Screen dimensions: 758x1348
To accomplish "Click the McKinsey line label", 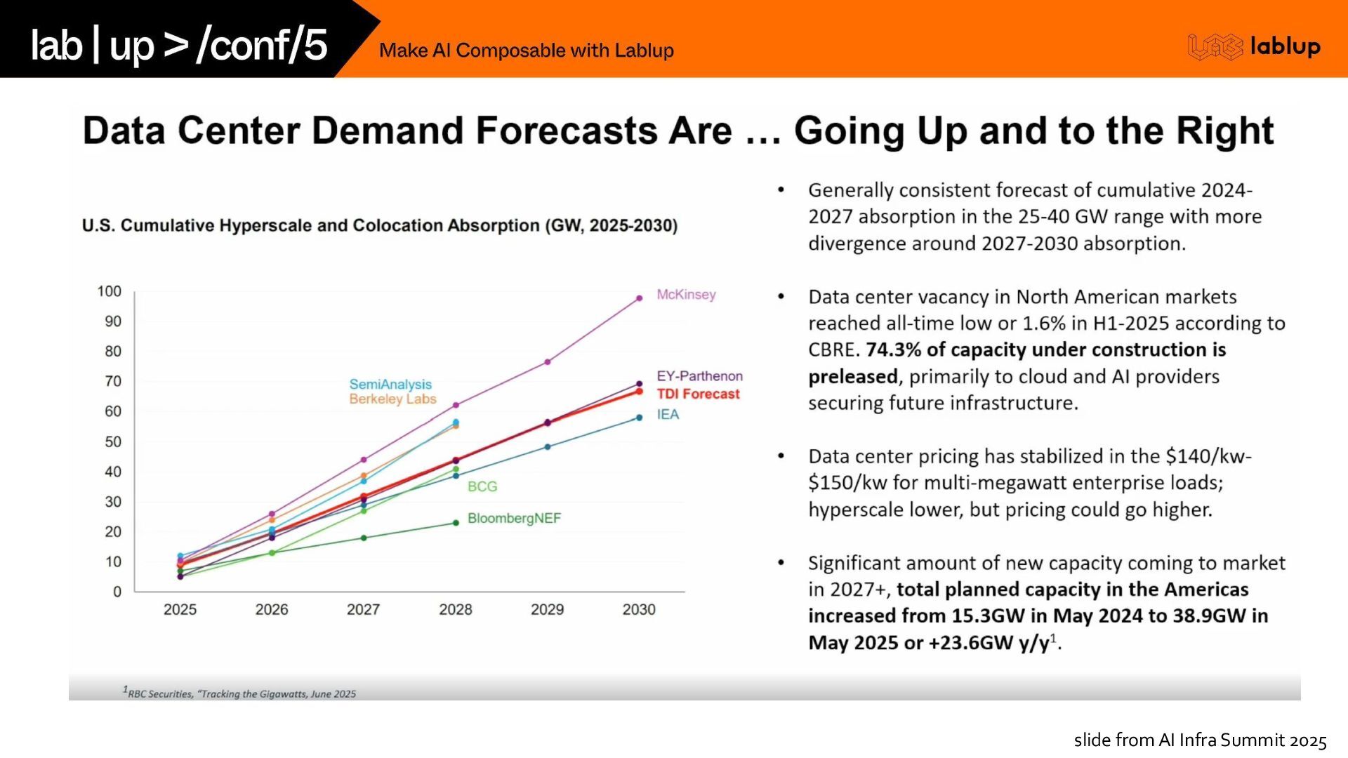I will tap(686, 295).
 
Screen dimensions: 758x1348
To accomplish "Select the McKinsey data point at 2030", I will tap(639, 298).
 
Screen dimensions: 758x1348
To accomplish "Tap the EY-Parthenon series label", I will tap(699, 376).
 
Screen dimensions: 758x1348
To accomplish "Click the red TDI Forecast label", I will tap(698, 394).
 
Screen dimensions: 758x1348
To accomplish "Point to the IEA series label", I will tap(668, 414).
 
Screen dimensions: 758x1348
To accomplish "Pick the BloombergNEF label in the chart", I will tap(514, 518).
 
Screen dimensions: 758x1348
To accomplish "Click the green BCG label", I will tap(482, 486).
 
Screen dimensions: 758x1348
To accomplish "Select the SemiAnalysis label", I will tap(390, 384).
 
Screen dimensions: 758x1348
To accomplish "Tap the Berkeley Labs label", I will tap(392, 399).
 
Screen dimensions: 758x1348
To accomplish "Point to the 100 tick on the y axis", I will tap(110, 291).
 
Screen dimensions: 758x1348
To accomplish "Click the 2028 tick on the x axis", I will tap(455, 609).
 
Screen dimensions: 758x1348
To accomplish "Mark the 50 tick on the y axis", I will tap(112, 441).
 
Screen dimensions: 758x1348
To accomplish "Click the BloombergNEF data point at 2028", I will tap(456, 523).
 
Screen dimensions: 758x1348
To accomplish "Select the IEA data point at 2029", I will tap(548, 446).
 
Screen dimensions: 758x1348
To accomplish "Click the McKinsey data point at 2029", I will tap(548, 362).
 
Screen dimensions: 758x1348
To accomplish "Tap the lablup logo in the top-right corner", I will tap(1254, 46).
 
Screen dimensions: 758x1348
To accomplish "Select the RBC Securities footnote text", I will tap(240, 693).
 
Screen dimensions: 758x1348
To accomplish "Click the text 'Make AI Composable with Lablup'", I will tap(526, 51).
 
